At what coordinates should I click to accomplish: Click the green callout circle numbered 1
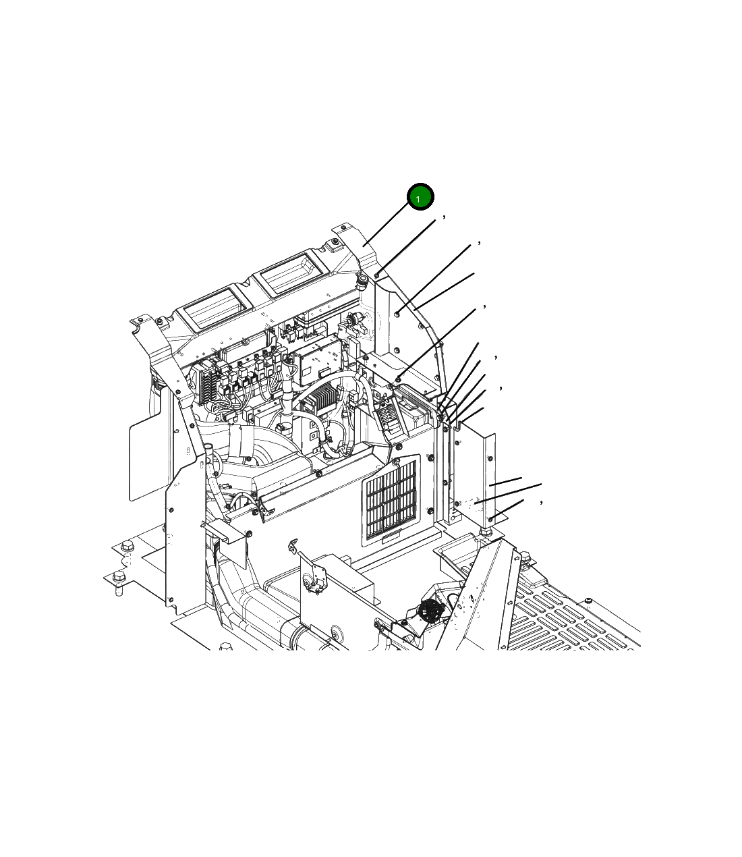[420, 196]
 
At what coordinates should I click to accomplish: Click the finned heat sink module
[319, 397]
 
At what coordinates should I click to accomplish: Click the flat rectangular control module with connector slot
[318, 359]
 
